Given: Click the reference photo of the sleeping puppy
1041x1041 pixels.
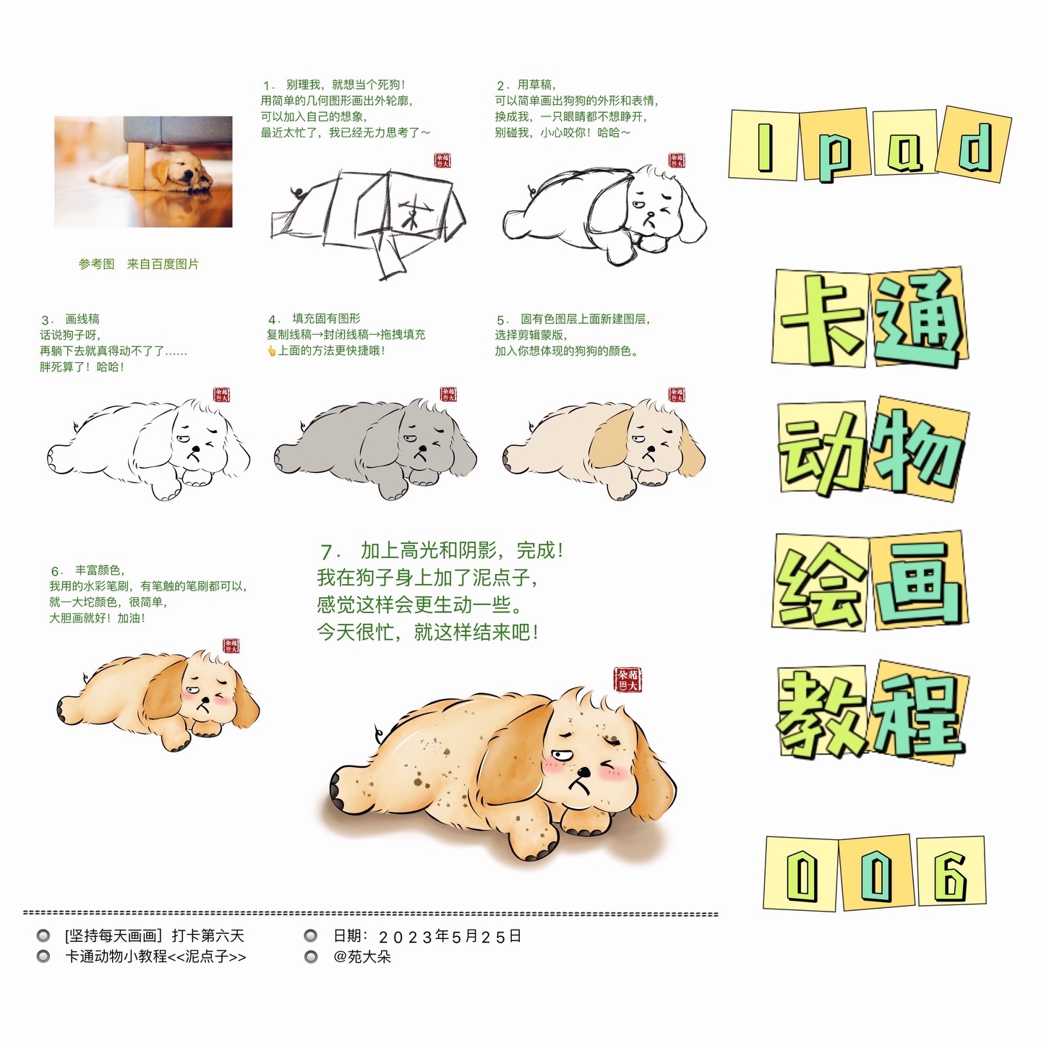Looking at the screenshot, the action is (x=143, y=171).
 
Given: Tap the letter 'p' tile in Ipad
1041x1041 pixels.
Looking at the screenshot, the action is (x=835, y=144).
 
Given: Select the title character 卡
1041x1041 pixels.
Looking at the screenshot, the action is (x=821, y=317).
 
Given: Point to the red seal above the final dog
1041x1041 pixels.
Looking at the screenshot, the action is (x=628, y=680).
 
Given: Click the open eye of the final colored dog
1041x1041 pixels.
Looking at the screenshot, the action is (x=561, y=753).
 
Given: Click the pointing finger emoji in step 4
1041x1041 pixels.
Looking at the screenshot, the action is (x=271, y=351).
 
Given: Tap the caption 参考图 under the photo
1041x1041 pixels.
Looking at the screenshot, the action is (x=97, y=264).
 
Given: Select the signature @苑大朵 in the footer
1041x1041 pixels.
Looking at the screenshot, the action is (x=362, y=956).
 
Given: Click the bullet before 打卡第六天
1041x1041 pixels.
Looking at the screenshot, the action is (x=43, y=935).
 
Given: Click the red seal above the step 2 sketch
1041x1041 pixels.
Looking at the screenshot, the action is (x=677, y=160).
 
